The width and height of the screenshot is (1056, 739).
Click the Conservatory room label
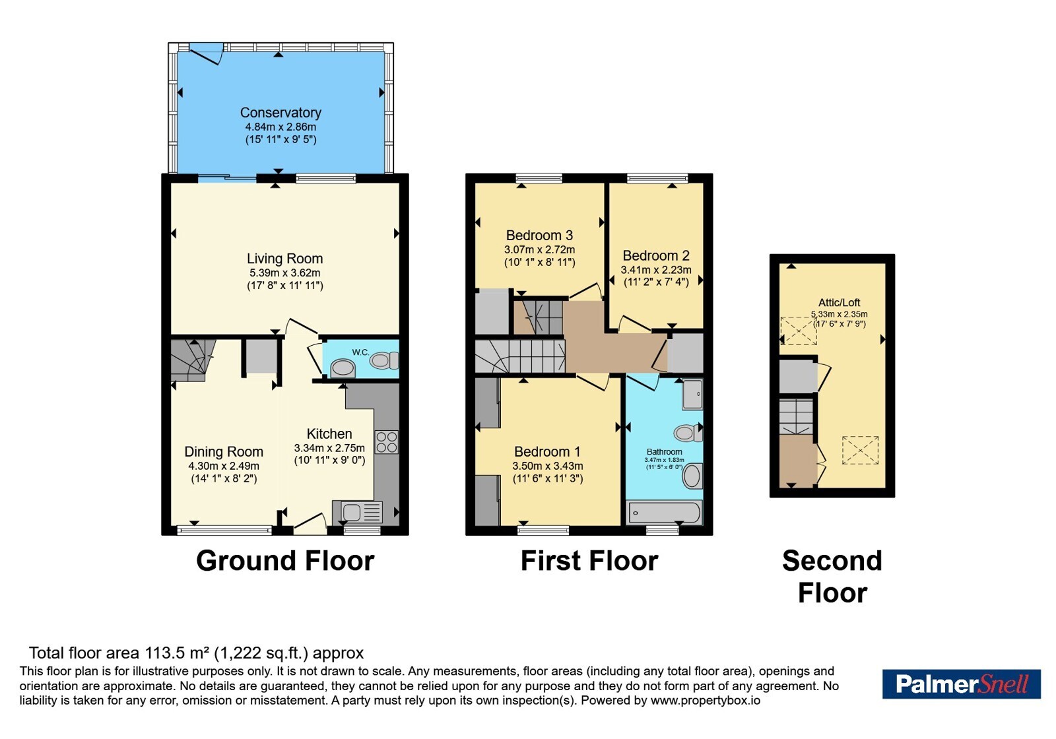point(280,113)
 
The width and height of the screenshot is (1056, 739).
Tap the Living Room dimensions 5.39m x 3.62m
point(284,273)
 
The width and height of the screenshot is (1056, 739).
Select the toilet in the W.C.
point(383,361)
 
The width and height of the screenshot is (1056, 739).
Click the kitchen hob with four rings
point(387,442)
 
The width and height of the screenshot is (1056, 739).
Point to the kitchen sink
point(357,512)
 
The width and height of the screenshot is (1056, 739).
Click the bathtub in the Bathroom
point(664,512)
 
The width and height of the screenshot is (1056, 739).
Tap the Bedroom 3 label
point(539,235)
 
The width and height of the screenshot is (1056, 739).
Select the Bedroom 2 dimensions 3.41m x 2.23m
point(656,270)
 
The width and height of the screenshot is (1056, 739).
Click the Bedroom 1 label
point(547,451)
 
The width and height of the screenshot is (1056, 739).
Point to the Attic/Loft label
point(839,303)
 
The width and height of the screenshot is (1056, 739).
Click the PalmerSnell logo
point(961,684)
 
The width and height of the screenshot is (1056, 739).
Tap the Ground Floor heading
point(285,561)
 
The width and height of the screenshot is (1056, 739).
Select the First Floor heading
point(589,561)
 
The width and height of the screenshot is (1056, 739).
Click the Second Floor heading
point(832,577)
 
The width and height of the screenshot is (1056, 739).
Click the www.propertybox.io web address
point(706,700)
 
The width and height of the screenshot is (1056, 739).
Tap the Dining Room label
point(224,451)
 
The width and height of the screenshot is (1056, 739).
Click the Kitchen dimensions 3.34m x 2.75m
point(329,448)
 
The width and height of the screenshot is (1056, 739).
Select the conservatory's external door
point(206,53)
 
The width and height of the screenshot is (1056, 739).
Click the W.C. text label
point(360,352)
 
